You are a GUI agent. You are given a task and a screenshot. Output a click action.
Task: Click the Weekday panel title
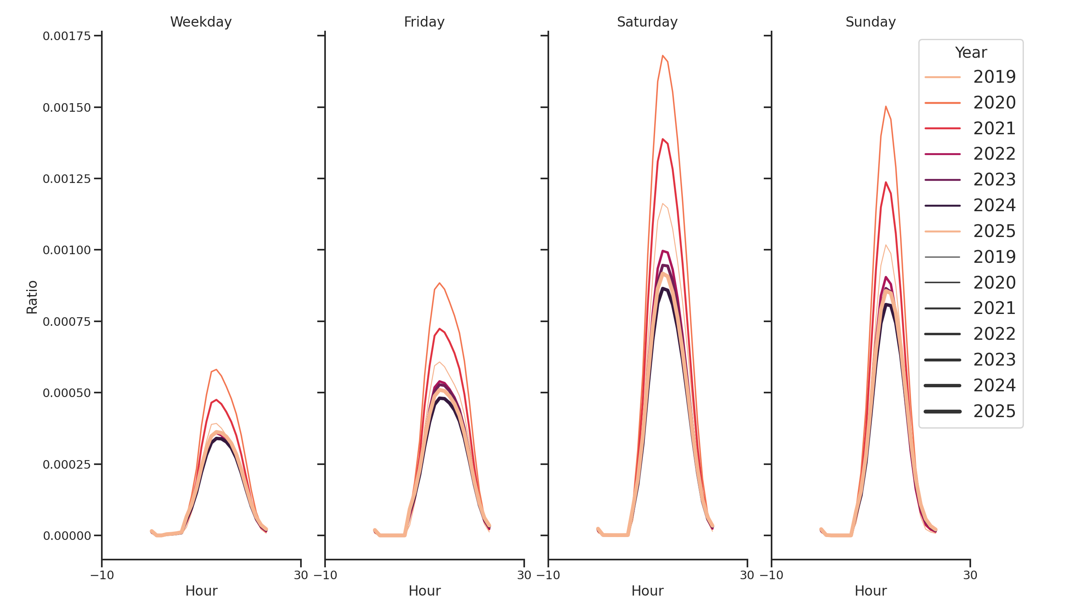[201, 22]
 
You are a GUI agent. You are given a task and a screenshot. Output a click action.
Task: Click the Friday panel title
[424, 22]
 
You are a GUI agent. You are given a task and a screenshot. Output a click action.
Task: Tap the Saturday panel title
[647, 22]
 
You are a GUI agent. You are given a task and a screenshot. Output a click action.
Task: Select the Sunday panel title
[870, 22]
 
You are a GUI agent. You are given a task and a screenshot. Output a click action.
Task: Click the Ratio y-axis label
[32, 297]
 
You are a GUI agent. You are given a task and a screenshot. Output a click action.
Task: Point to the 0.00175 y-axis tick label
[67, 36]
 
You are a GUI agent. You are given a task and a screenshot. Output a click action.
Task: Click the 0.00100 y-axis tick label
[67, 250]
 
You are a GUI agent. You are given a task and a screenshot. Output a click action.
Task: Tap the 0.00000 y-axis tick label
[67, 536]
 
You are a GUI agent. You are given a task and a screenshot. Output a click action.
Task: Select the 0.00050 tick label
[67, 393]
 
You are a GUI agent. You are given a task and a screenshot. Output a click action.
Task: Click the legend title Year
[970, 53]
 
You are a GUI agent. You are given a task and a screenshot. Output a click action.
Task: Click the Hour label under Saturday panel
[647, 591]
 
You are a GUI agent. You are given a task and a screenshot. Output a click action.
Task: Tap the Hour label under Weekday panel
[201, 591]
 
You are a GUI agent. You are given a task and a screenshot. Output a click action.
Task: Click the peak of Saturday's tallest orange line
[662, 55]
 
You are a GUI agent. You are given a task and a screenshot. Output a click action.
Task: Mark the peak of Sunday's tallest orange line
[886, 106]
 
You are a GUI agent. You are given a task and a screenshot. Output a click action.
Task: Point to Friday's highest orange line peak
[439, 283]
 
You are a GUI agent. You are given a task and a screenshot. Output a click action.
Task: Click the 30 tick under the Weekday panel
[301, 575]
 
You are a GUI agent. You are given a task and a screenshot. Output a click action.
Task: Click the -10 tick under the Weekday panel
[102, 575]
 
